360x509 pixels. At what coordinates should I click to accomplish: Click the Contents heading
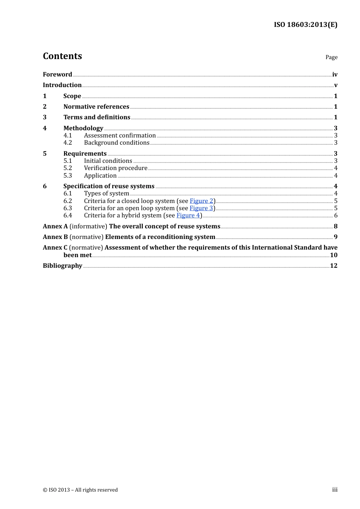tap(62, 56)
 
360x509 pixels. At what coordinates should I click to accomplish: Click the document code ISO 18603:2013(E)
tap(305, 25)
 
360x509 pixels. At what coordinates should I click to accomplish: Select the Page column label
tap(331, 57)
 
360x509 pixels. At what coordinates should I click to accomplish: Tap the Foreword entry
tap(57, 75)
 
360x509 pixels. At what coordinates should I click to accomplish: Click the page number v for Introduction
tap(335, 85)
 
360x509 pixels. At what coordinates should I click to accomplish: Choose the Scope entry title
tap(72, 96)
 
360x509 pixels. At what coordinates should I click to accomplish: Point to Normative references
tap(96, 107)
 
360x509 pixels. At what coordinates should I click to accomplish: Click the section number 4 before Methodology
tap(45, 128)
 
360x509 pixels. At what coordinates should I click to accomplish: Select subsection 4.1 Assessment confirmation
tap(120, 136)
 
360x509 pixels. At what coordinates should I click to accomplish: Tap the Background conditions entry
tap(117, 143)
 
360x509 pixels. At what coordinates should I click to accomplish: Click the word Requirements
tap(85, 153)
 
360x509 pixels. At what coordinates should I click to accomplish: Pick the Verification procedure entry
tap(116, 168)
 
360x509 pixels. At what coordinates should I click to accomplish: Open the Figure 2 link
tap(201, 201)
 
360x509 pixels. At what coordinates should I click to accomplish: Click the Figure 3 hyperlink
tap(201, 208)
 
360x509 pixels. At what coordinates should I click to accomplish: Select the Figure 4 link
tap(188, 215)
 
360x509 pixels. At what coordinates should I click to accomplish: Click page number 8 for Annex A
tap(335, 226)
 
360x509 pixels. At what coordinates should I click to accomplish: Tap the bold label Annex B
tap(55, 237)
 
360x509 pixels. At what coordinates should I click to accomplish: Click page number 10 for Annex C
tap(333, 255)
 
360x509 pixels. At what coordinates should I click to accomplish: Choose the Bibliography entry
tap(63, 266)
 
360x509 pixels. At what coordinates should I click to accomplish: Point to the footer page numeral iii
tap(335, 490)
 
